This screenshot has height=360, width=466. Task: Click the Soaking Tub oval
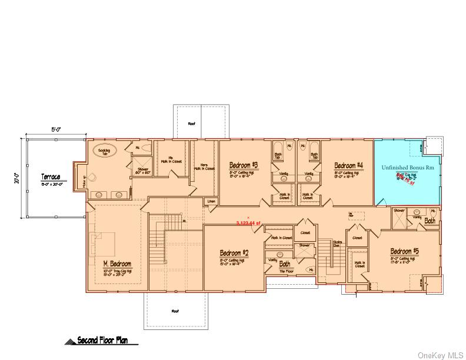108,151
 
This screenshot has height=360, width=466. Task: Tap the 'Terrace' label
51,176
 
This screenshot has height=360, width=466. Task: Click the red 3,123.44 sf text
248,223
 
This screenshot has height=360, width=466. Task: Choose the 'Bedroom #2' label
234,253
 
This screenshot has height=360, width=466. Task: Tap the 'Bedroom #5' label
405,251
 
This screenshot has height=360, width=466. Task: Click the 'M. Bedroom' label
117,264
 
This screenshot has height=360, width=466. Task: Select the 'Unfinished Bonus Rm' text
407,168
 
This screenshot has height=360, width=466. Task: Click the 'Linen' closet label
211,202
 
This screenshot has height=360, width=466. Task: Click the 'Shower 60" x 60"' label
144,171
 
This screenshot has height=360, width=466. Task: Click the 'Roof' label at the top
191,124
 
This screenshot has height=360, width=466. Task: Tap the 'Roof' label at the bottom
175,311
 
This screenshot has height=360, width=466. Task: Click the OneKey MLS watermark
440,355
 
